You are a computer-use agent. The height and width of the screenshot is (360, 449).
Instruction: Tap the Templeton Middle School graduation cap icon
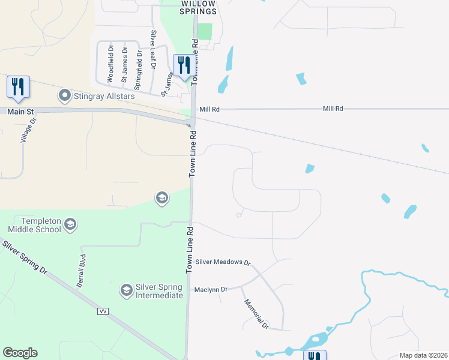(x=70, y=224)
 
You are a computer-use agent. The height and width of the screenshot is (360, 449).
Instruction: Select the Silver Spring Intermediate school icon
(x=126, y=290)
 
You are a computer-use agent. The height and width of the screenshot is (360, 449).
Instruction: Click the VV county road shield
(x=103, y=311)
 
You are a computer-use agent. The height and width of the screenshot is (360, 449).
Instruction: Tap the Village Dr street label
(x=25, y=130)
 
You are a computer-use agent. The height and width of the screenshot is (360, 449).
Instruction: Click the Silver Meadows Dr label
(x=222, y=262)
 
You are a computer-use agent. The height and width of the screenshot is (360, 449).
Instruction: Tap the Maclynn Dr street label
(x=211, y=289)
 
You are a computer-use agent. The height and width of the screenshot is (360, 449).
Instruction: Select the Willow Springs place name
(x=199, y=7)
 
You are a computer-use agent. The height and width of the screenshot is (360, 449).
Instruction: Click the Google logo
(x=20, y=353)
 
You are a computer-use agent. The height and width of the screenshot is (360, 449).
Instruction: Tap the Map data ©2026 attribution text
(x=423, y=355)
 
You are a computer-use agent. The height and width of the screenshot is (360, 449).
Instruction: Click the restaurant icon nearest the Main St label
(x=18, y=87)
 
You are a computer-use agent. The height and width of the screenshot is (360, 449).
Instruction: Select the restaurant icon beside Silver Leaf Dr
(x=184, y=64)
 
